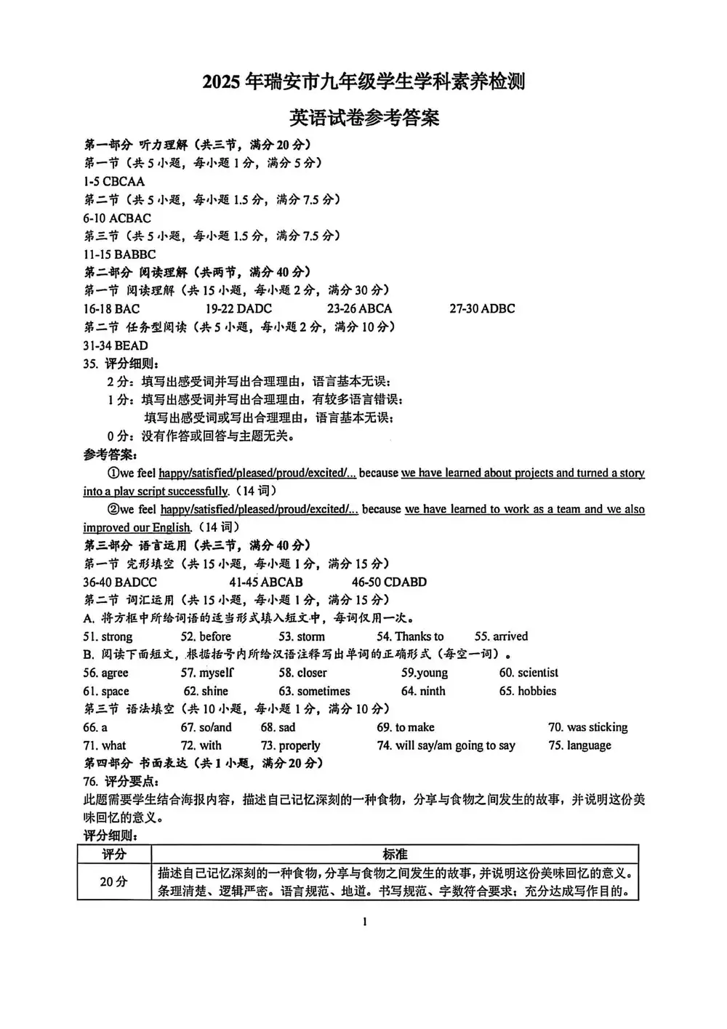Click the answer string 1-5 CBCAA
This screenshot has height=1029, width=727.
tap(114, 182)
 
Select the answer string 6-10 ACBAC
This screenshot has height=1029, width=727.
tap(117, 218)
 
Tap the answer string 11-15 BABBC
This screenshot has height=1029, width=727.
tap(119, 255)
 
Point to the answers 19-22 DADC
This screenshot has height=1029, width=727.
tap(238, 309)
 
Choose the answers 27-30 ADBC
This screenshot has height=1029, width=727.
tap(482, 309)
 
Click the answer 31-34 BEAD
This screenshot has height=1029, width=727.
tap(116, 346)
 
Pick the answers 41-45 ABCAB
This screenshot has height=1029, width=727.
tap(265, 582)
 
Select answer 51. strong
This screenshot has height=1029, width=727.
tap(108, 637)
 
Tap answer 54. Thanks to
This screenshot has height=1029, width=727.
tap(410, 637)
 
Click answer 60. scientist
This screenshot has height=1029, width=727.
tap(529, 673)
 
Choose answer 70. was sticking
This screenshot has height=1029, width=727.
tap(587, 728)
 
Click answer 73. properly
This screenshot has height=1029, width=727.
tap(290, 746)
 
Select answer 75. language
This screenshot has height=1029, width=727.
tap(579, 746)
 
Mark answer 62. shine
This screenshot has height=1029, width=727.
tap(206, 692)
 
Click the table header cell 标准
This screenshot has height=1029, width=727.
tap(395, 854)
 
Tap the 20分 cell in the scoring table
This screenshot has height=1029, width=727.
tap(113, 881)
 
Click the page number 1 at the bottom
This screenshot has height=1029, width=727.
tap(364, 923)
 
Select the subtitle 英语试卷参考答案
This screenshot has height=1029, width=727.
tap(364, 118)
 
